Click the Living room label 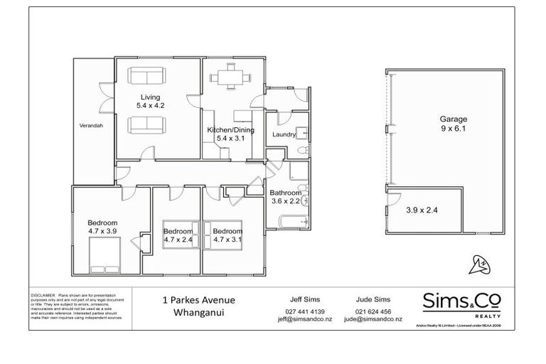click(149, 101)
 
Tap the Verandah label click(91, 126)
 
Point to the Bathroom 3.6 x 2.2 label click(285, 197)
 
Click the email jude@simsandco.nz click(373, 320)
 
